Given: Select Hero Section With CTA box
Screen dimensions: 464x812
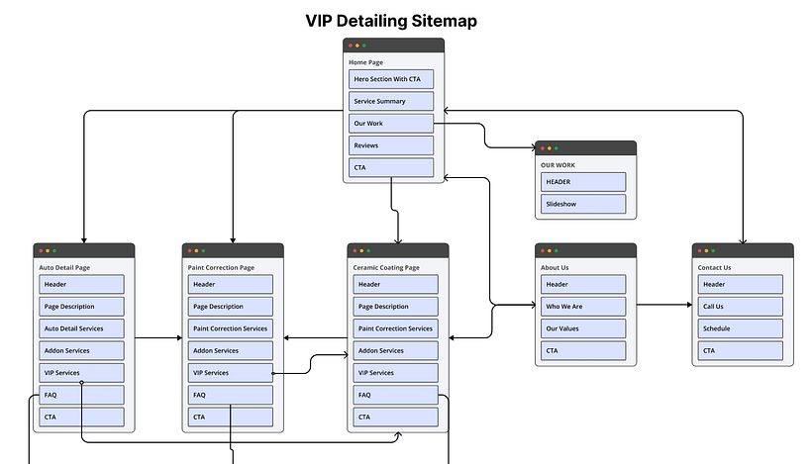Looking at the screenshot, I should coord(391,79).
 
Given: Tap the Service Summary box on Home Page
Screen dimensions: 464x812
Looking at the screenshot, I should coord(391,102).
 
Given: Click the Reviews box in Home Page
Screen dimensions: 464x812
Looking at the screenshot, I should coord(391,145).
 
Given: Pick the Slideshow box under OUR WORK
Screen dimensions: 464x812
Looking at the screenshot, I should coord(583,204).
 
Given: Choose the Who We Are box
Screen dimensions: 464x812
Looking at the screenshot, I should coord(583,307).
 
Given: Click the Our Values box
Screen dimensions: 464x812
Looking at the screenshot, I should coord(583,328).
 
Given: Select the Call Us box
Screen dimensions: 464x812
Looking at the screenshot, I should coord(740,307).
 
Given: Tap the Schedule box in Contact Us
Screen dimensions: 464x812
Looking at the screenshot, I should coord(740,328).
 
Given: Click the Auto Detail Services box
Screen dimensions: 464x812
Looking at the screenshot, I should coord(81,328).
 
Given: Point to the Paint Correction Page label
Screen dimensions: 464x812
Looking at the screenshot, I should coord(221,267).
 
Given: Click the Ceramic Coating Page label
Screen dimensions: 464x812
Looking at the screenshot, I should coord(386,267).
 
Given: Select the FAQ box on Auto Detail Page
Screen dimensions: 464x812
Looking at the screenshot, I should coord(81,395).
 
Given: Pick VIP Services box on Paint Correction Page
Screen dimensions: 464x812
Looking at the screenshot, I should coord(230,373).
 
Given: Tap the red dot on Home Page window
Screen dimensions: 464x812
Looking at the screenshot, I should coord(349,46).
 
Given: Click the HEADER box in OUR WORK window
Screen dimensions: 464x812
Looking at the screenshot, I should coord(583,182).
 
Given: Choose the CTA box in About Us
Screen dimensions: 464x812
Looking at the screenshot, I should coord(583,350).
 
